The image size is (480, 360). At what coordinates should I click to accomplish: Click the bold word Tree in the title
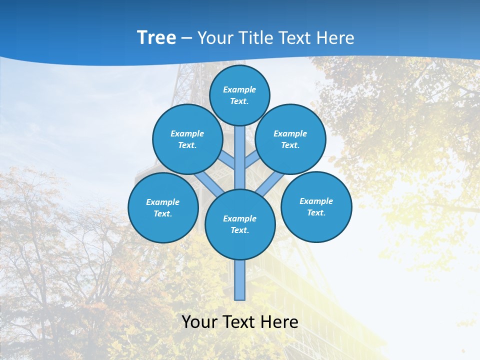click(156, 37)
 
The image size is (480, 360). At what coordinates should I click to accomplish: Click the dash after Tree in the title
click(186, 38)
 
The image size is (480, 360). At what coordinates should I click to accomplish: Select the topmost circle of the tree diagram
click(239, 95)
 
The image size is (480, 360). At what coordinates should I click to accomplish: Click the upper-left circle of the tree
click(187, 139)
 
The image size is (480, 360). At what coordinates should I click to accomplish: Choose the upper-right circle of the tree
click(290, 139)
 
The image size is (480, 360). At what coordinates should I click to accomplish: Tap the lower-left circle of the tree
click(163, 207)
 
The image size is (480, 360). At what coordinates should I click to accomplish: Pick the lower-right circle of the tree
click(316, 206)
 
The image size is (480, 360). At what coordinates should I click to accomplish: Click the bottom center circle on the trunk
click(240, 224)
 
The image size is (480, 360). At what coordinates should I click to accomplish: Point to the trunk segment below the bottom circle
click(239, 280)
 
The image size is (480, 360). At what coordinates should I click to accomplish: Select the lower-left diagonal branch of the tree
click(209, 183)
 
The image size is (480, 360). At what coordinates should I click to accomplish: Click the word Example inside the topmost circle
click(239, 89)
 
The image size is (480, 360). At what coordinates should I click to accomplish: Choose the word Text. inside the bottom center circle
click(239, 230)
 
